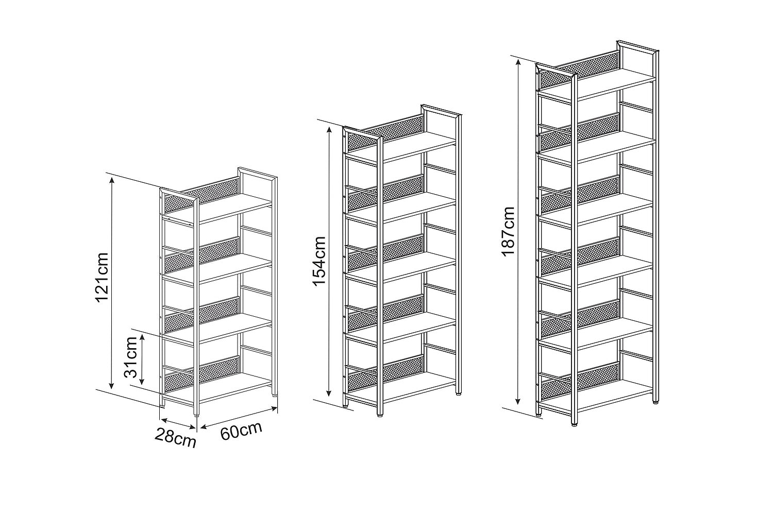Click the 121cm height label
[x=103, y=278]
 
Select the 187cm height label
[x=508, y=231]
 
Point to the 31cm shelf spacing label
[x=131, y=357]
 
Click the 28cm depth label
[x=175, y=437]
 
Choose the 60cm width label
[x=241, y=431]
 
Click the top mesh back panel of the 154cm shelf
[x=385, y=133]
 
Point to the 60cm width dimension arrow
[x=239, y=418]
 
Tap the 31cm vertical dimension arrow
[x=142, y=359]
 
